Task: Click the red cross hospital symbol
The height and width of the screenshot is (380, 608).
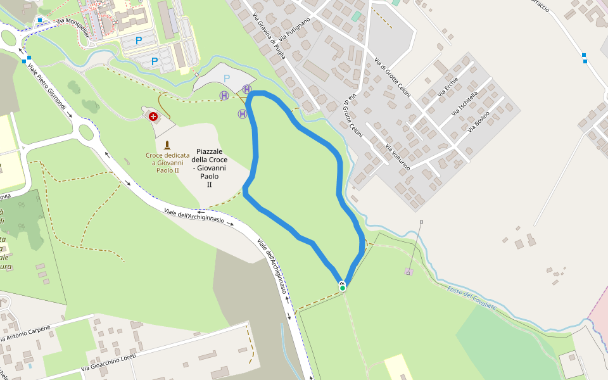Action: tap(153, 117)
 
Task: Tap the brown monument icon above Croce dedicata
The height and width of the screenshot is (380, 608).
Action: tap(167, 145)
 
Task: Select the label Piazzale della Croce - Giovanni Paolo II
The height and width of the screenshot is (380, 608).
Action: tap(209, 168)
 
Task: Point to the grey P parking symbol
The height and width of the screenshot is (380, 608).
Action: tap(227, 78)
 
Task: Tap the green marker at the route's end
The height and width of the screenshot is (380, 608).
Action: tap(343, 288)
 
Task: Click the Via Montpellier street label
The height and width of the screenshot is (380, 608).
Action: tap(70, 22)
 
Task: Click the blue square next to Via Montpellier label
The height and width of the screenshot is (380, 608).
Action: tap(40, 20)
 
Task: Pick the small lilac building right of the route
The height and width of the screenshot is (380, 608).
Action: tap(408, 272)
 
